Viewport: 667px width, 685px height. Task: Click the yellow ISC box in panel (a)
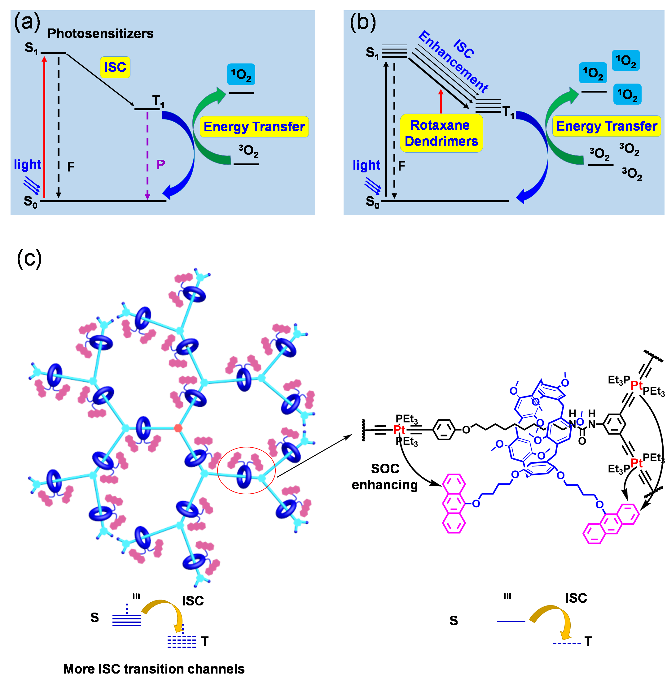pyautogui.click(x=115, y=67)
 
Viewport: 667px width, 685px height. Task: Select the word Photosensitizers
pyautogui.click(x=101, y=34)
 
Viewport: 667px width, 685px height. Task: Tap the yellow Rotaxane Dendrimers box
pyautogui.click(x=441, y=133)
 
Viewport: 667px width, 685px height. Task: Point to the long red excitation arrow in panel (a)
pyautogui.click(x=44, y=126)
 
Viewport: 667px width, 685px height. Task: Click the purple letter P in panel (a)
pyautogui.click(x=161, y=164)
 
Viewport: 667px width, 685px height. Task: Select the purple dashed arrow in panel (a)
pyautogui.click(x=147, y=154)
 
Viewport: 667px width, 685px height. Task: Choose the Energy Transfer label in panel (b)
pyautogui.click(x=606, y=126)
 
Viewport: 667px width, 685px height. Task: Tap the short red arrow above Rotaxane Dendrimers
pyautogui.click(x=441, y=101)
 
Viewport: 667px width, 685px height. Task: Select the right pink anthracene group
pyautogui.click(x=611, y=524)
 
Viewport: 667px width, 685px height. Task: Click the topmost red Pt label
pyautogui.click(x=636, y=385)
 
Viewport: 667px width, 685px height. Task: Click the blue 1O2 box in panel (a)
pyautogui.click(x=241, y=75)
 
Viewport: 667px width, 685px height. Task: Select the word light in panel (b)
pyautogui.click(x=366, y=165)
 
